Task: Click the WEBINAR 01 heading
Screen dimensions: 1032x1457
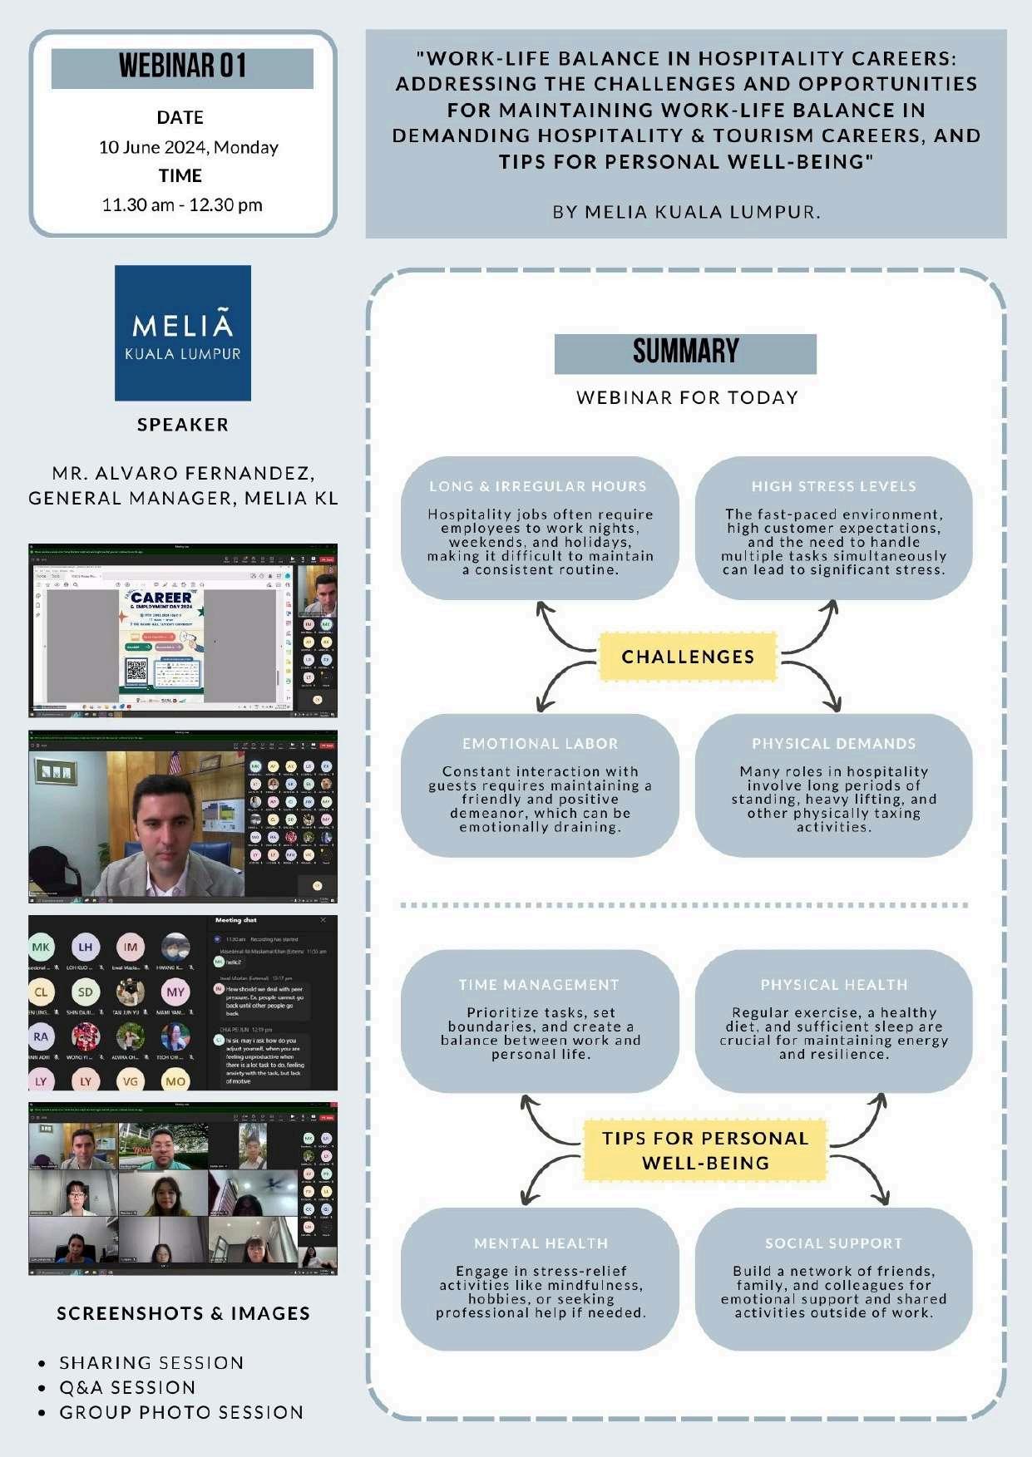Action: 182,66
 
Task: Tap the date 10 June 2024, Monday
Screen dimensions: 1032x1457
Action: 189,147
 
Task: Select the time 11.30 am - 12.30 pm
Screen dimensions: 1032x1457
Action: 182,204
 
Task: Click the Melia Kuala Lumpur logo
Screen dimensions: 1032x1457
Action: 183,333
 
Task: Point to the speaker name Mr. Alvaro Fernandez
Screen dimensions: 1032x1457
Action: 183,473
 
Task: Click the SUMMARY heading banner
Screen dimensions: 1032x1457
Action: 685,352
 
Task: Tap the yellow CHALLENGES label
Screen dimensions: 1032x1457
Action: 688,657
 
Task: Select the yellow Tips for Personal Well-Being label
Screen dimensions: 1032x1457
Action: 705,1150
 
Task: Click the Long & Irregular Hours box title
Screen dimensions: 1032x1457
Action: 538,486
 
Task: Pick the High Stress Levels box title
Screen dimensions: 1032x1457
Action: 833,486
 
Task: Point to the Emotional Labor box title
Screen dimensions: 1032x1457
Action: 541,744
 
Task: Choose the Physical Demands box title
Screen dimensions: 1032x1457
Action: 833,744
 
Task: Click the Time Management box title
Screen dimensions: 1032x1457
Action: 539,985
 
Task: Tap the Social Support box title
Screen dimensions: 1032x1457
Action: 833,1243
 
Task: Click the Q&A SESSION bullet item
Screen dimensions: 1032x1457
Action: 127,1387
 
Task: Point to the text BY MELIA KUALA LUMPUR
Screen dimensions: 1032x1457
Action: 686,212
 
